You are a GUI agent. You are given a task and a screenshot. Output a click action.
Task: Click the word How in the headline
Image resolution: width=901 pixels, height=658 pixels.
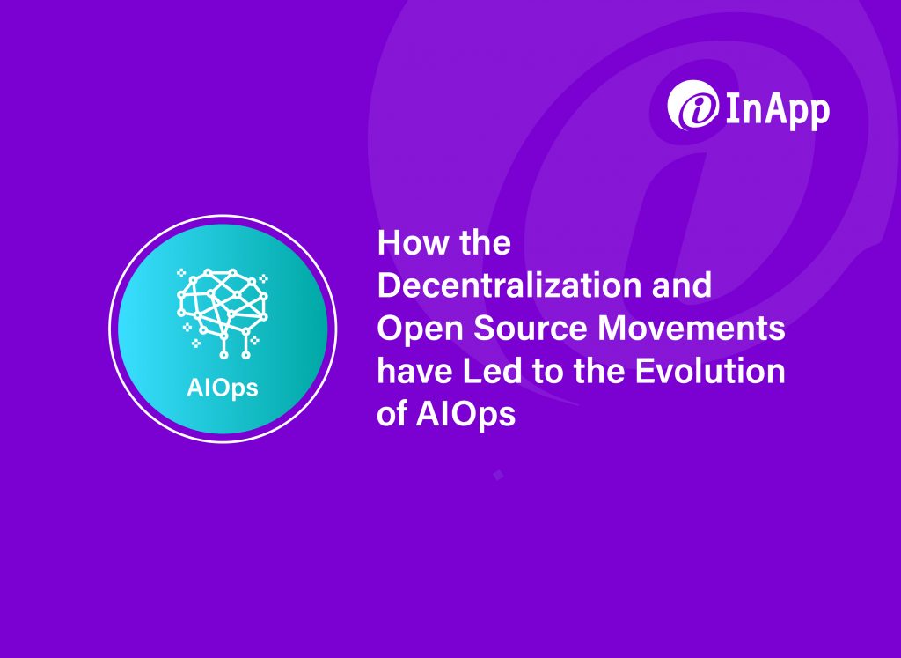point(414,243)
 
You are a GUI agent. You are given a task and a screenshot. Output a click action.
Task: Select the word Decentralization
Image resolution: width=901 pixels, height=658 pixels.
point(509,285)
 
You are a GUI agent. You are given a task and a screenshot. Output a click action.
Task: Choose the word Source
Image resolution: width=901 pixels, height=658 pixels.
point(531,329)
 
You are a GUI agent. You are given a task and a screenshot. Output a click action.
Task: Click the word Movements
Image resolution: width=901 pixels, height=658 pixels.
point(692,329)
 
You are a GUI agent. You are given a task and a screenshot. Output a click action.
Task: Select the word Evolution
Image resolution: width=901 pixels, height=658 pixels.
point(710,371)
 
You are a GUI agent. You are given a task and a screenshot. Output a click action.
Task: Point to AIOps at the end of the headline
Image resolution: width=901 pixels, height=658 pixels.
point(465,415)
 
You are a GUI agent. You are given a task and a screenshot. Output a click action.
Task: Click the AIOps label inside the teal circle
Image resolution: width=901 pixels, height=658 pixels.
point(223,388)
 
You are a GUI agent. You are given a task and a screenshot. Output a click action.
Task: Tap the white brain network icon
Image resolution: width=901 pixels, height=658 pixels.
point(223,314)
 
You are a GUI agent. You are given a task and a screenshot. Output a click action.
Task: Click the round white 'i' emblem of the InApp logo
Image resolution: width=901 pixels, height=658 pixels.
point(693,106)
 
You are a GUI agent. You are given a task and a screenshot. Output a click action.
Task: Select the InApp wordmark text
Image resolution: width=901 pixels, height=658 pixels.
point(778,110)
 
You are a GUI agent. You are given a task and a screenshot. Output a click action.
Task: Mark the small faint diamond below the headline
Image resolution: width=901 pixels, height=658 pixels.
point(498,475)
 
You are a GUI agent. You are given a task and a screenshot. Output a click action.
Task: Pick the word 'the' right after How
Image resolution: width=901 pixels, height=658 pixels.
point(485,243)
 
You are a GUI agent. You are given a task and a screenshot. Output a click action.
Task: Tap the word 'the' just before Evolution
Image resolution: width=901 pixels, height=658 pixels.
point(598,371)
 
